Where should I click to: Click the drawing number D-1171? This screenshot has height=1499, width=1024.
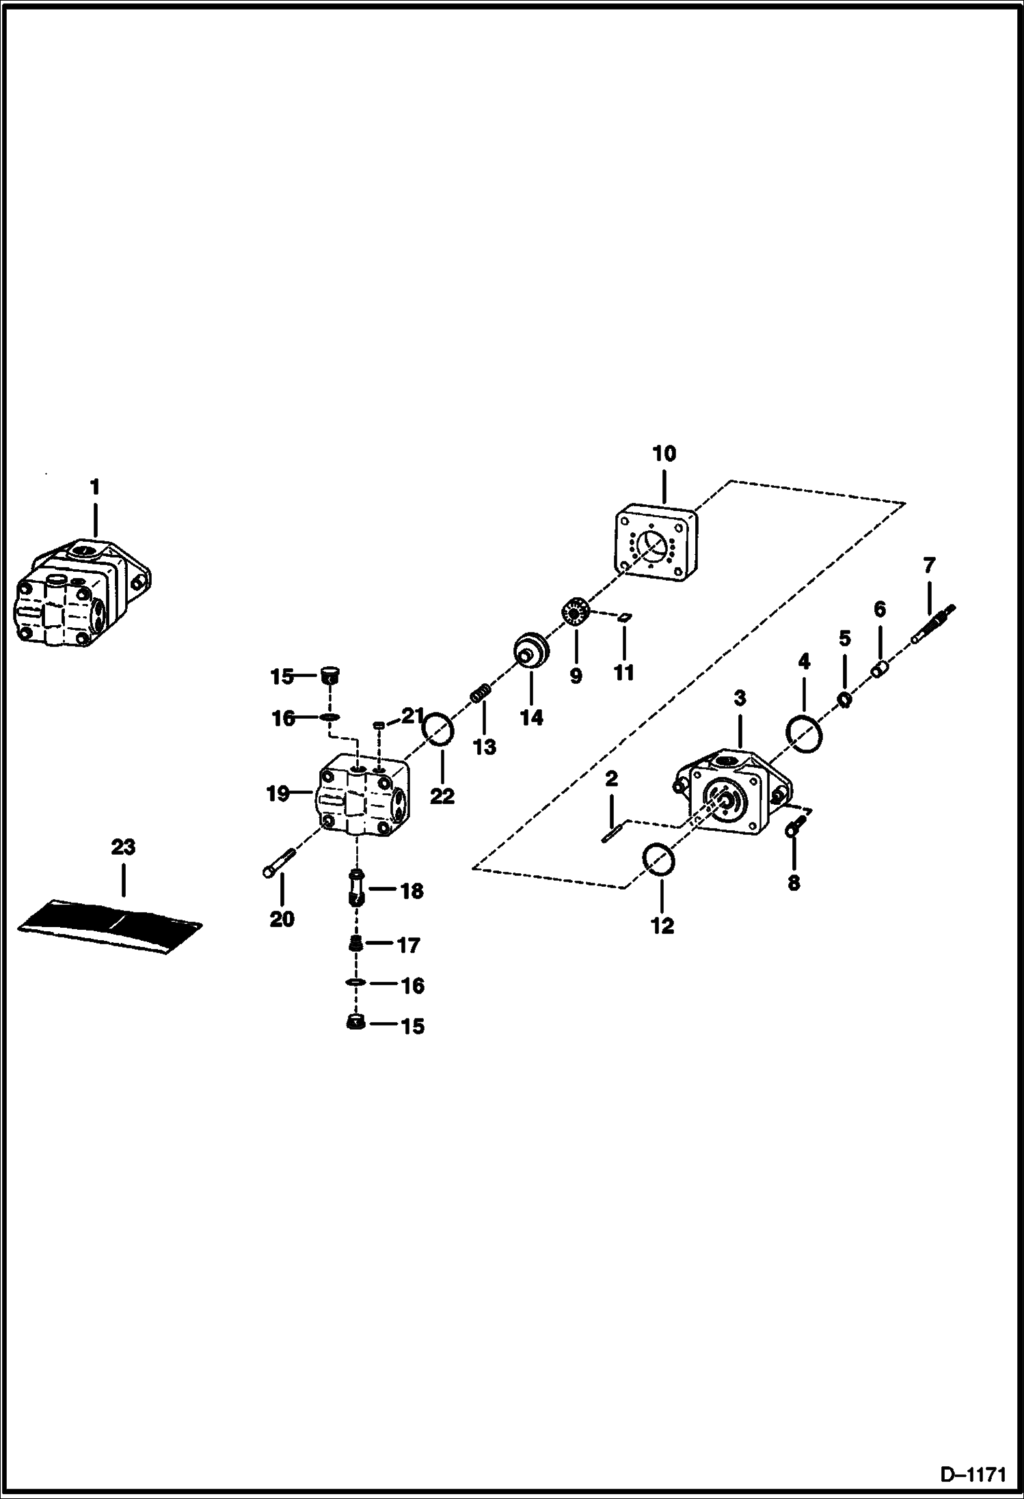click(x=973, y=1475)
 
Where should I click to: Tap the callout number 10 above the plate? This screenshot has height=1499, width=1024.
click(x=664, y=454)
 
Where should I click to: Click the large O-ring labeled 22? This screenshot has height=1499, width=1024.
click(x=437, y=729)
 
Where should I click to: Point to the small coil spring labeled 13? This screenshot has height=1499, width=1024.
click(x=481, y=698)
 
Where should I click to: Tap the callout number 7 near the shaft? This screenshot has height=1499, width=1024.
click(x=928, y=566)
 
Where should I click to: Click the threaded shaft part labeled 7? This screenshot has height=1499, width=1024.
click(x=934, y=622)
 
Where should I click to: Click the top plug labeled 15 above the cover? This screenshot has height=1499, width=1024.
click(x=331, y=677)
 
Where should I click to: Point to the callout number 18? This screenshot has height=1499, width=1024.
click(x=412, y=891)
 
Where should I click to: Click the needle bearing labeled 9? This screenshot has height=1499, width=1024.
click(x=576, y=610)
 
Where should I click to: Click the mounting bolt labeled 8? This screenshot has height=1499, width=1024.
click(x=794, y=829)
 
